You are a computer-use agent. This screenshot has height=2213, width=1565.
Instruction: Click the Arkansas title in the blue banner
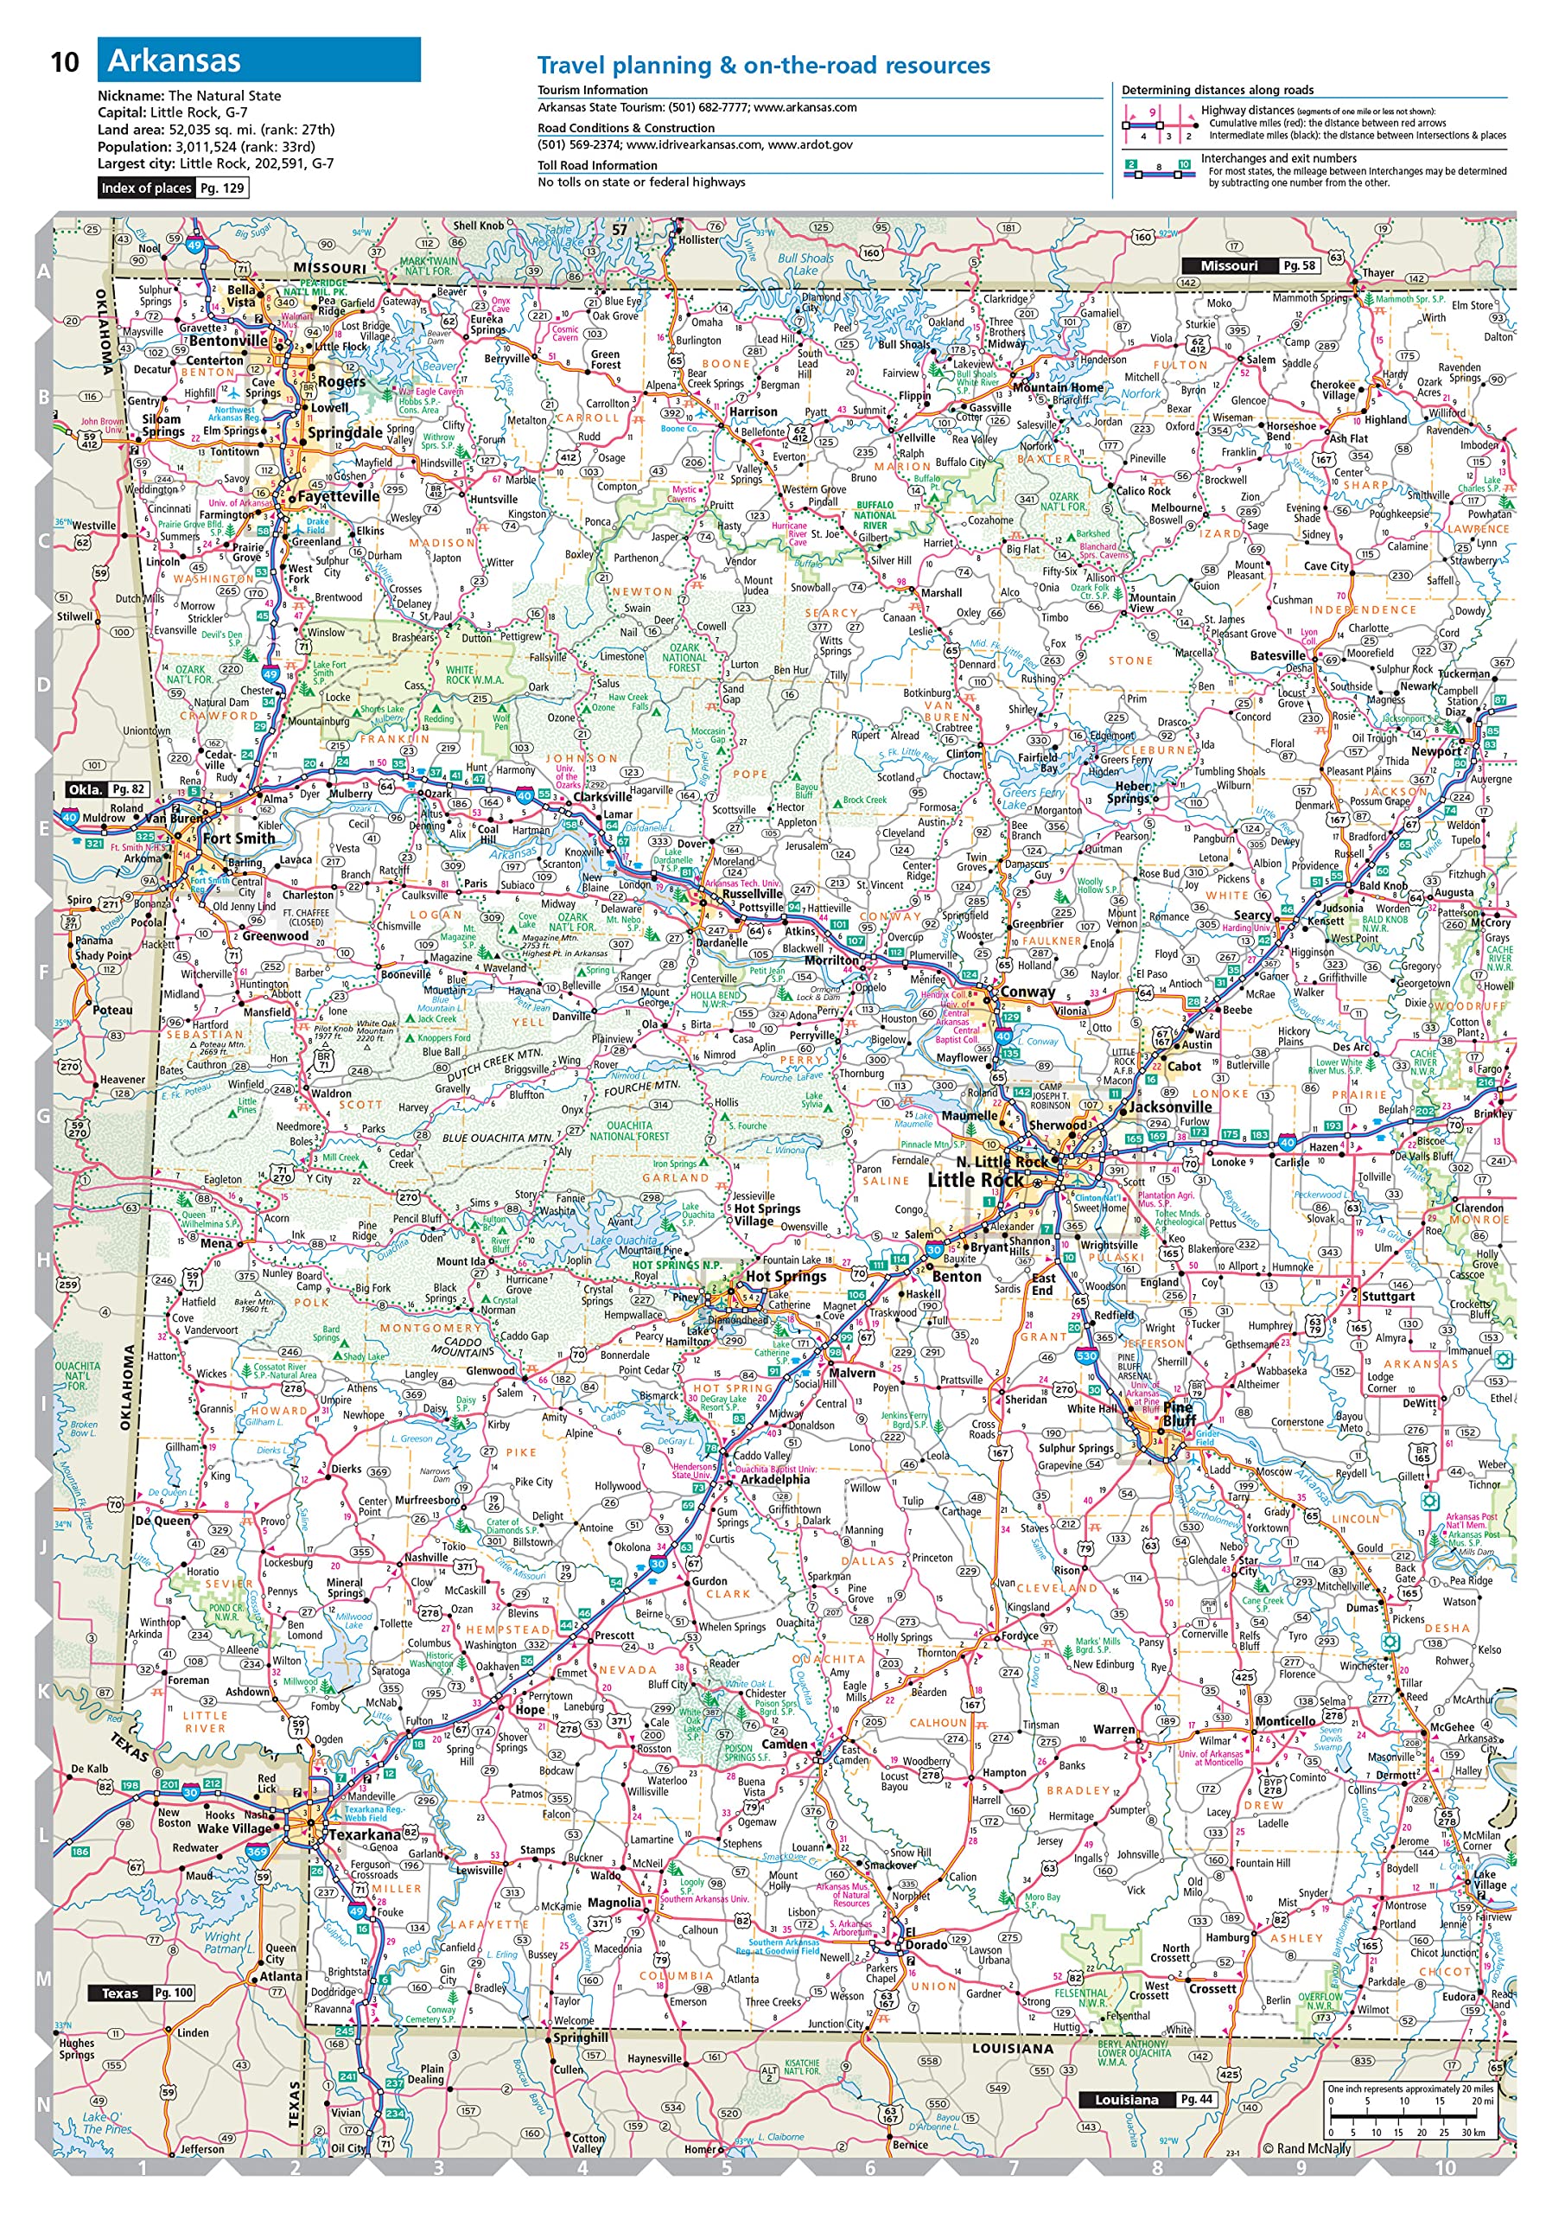pyautogui.click(x=174, y=61)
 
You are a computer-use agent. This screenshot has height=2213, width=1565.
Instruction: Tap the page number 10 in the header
pyautogui.click(x=64, y=62)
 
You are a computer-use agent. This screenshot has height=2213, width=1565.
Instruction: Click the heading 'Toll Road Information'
pyautogui.click(x=596, y=165)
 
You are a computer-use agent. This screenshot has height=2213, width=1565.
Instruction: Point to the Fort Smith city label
pyautogui.click(x=238, y=838)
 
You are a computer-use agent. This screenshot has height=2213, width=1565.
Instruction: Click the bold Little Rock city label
pyautogui.click(x=976, y=1180)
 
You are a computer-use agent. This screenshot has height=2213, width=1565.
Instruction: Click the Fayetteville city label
pyautogui.click(x=338, y=496)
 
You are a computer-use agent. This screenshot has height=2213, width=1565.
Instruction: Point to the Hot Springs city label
pyautogui.click(x=786, y=1276)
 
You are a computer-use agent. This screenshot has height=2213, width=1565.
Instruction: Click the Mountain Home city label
pyautogui.click(x=1057, y=387)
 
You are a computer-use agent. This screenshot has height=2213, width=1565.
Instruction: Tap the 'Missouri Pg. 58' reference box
pyautogui.click(x=1249, y=265)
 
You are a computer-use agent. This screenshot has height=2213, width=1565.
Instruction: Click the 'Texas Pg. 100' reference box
pyautogui.click(x=142, y=1993)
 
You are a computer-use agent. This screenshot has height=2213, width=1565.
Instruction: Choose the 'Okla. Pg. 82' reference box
pyautogui.click(x=105, y=788)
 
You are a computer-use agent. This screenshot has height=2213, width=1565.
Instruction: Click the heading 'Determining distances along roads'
pyautogui.click(x=1216, y=90)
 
